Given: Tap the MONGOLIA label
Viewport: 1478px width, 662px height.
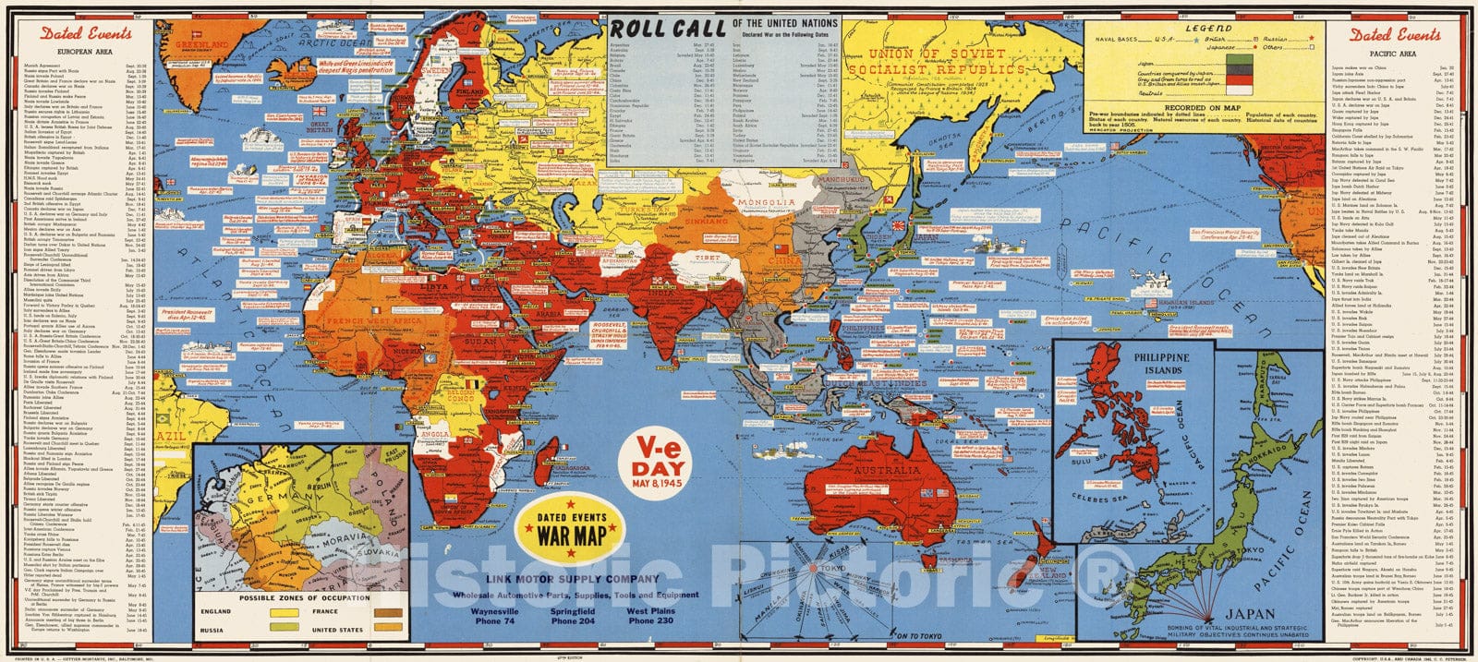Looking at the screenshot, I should (x=772, y=201).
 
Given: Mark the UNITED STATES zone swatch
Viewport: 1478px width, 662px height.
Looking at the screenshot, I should (x=386, y=630).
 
